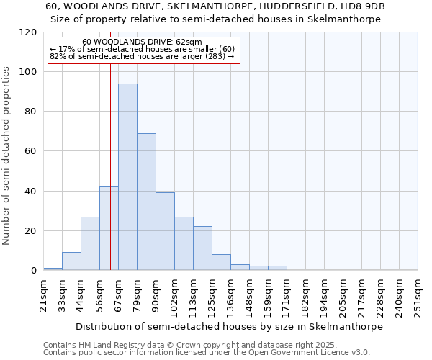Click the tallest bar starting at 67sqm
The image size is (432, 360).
(x=127, y=176)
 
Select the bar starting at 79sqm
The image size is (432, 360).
(x=146, y=202)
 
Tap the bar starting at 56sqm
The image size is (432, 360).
(x=109, y=228)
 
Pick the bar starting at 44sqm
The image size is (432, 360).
(x=90, y=243)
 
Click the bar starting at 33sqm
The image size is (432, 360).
(x=71, y=261)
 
